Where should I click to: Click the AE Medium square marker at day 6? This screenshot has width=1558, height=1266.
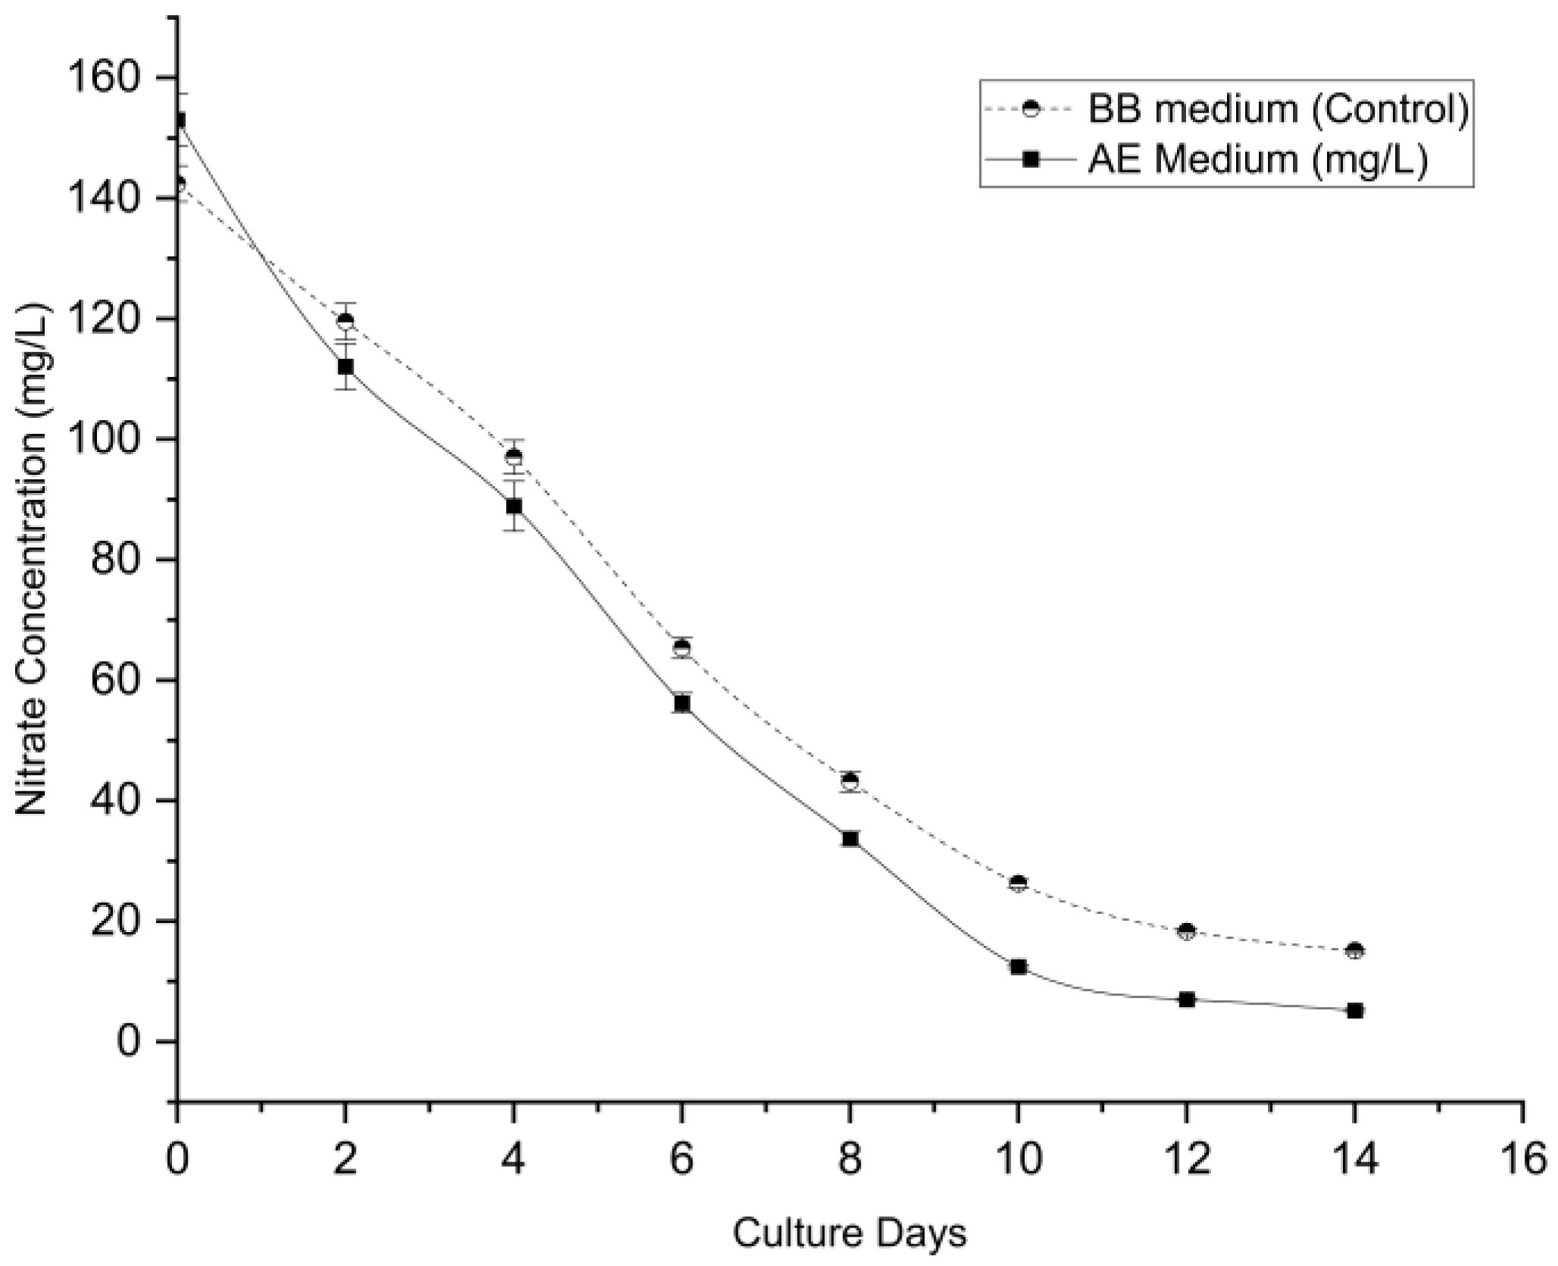point(682,703)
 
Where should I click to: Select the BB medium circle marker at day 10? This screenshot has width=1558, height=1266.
point(1018,883)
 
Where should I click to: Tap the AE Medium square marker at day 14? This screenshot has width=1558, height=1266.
point(1355,1010)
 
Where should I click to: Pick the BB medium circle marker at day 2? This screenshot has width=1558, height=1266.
point(345,320)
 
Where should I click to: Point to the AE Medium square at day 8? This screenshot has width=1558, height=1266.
point(850,838)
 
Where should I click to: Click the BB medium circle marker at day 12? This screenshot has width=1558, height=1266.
point(1187,931)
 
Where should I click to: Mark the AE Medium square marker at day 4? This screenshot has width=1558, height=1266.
point(514,506)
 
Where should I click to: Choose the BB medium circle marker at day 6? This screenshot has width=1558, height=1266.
point(682,647)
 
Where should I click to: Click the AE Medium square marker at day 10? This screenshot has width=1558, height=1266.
point(1018,967)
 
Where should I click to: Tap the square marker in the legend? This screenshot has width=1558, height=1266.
point(1031,160)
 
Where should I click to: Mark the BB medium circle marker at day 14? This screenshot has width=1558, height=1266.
point(1355,950)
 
